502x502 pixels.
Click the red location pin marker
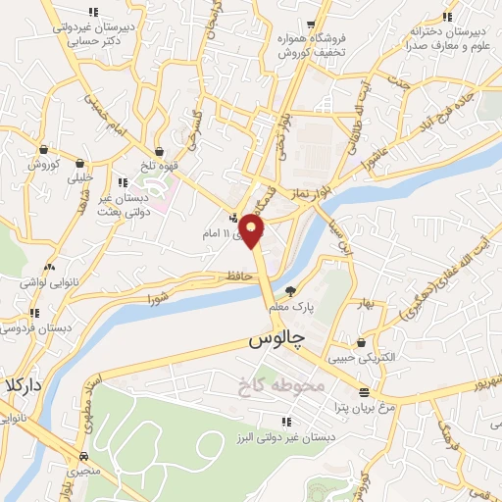(x=253, y=231)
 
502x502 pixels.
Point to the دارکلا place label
(x=22, y=385)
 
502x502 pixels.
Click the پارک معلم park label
(x=294, y=306)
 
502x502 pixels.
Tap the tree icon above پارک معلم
(x=289, y=291)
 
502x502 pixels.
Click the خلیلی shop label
(x=79, y=178)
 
